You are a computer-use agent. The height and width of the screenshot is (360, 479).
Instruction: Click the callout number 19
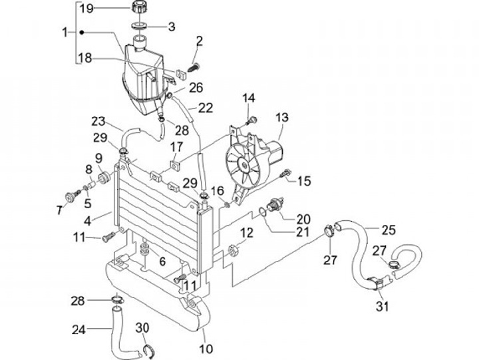click(86, 8)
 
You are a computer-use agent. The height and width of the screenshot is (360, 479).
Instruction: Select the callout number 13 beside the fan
click(282, 117)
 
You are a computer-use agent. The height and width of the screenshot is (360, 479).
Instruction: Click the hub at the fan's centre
click(244, 166)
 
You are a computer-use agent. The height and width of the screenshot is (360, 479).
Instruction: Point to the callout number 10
click(206, 349)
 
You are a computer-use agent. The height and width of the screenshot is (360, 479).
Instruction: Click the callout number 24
click(79, 330)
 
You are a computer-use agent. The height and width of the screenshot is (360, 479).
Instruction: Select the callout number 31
click(382, 306)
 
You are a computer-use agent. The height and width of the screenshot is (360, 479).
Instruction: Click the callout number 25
click(389, 230)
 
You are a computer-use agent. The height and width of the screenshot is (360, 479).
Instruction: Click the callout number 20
click(303, 219)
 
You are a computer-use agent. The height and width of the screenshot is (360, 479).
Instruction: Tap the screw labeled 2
click(193, 67)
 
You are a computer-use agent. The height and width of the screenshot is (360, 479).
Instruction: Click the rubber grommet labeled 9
click(104, 178)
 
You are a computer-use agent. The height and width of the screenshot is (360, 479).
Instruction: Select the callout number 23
click(98, 121)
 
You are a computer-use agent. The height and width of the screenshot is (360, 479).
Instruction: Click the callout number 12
click(247, 233)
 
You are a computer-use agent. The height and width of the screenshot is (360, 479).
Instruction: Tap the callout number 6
click(162, 262)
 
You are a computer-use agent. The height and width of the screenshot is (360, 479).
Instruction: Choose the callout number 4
click(88, 221)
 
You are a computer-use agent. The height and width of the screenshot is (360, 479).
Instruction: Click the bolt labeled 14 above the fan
click(251, 120)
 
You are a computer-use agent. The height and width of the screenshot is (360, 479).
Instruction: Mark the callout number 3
click(172, 27)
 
